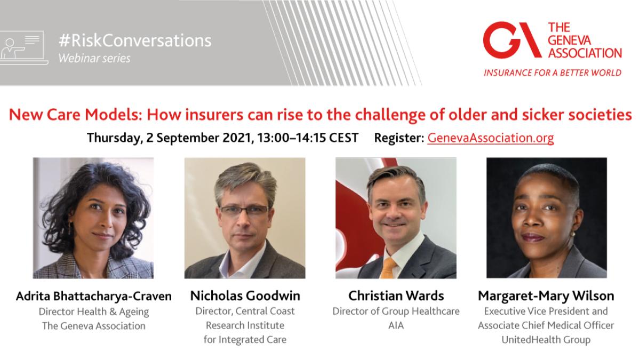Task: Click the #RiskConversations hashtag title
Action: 135,41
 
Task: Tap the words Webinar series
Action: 94,58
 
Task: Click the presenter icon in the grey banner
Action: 24,48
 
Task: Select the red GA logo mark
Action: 512,40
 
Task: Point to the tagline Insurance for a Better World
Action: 553,73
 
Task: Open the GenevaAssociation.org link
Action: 491,138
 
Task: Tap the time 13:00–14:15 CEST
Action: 308,138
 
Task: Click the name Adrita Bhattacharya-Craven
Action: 94,296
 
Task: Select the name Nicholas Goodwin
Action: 245,295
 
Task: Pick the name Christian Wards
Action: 396,295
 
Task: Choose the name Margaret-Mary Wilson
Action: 546,296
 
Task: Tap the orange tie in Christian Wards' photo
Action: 389,268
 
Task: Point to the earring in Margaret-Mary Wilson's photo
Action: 572,235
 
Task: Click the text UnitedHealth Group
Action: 546,340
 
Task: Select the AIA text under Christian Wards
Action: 396,325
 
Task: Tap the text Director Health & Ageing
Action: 94,311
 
